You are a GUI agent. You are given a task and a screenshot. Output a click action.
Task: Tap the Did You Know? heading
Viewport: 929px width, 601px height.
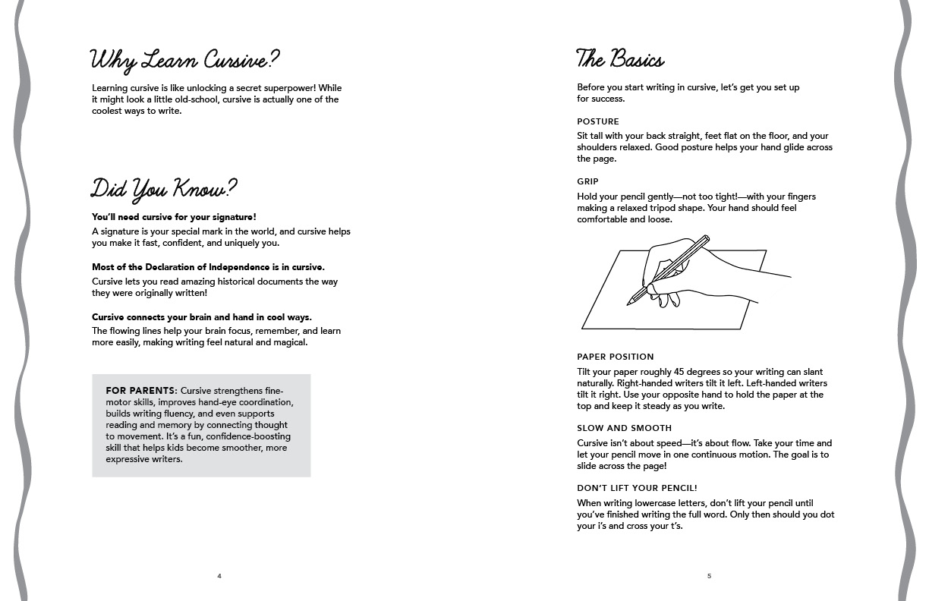(x=164, y=188)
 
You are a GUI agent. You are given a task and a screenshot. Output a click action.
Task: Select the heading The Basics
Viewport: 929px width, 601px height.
(x=620, y=59)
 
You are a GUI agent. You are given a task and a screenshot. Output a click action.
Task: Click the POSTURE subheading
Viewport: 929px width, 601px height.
(x=598, y=121)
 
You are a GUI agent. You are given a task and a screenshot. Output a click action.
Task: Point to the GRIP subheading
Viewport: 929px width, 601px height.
(x=587, y=181)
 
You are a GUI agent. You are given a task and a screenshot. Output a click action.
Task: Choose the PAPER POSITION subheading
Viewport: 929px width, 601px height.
(x=615, y=357)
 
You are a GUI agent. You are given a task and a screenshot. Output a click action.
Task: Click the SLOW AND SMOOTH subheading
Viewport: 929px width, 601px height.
(x=624, y=428)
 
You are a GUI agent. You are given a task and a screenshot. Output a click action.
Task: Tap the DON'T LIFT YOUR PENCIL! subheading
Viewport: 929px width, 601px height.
(x=637, y=488)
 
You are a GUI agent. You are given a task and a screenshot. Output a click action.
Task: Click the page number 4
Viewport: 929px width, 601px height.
(x=219, y=576)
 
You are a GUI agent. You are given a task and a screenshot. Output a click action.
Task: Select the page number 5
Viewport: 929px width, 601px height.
(x=710, y=576)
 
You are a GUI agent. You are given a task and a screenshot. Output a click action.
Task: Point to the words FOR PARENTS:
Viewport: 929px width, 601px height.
(x=141, y=391)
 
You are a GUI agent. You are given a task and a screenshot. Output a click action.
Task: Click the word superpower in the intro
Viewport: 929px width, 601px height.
(x=298, y=88)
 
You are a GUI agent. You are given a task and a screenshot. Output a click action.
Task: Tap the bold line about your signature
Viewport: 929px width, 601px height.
(x=174, y=217)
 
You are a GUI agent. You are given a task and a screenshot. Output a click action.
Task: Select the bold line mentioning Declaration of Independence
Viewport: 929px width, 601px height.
(x=208, y=267)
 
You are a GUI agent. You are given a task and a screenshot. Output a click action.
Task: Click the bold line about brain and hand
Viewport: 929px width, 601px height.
(x=201, y=317)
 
